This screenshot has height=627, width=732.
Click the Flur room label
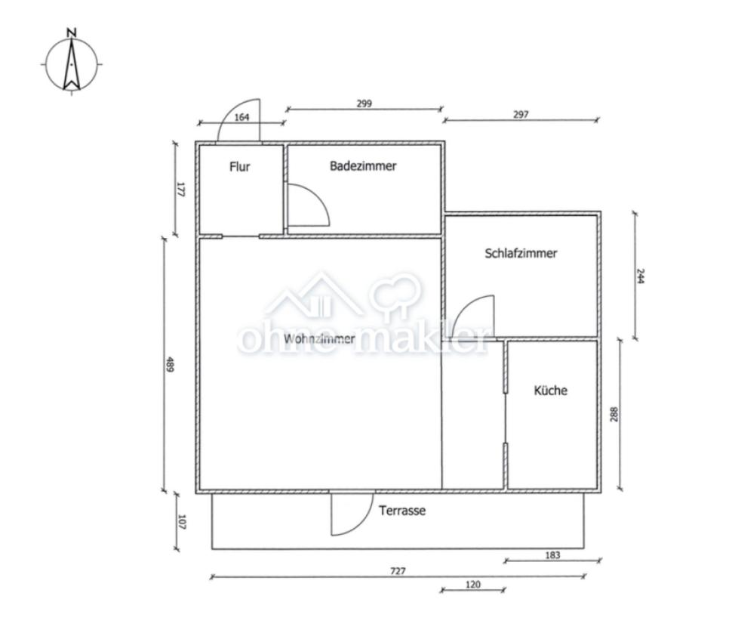point(239,167)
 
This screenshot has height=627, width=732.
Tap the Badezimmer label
point(363,166)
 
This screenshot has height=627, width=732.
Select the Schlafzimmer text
point(521,253)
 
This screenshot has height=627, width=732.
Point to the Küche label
point(551,390)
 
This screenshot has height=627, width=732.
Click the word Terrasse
point(402,511)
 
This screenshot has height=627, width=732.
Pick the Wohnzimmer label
point(319,338)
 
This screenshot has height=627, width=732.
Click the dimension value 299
point(364,103)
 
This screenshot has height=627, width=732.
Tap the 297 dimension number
point(521,115)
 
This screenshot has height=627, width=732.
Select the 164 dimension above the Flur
point(241,117)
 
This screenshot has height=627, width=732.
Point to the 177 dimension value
point(181,189)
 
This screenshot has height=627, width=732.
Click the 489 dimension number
point(170,364)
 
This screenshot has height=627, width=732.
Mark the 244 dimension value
point(641,276)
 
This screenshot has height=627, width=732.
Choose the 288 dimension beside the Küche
point(614,415)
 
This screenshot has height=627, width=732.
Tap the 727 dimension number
point(398,571)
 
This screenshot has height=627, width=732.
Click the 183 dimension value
point(552,555)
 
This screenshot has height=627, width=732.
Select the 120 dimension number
point(473,585)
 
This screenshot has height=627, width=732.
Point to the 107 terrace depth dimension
point(182,522)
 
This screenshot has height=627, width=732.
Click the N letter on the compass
point(72,32)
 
